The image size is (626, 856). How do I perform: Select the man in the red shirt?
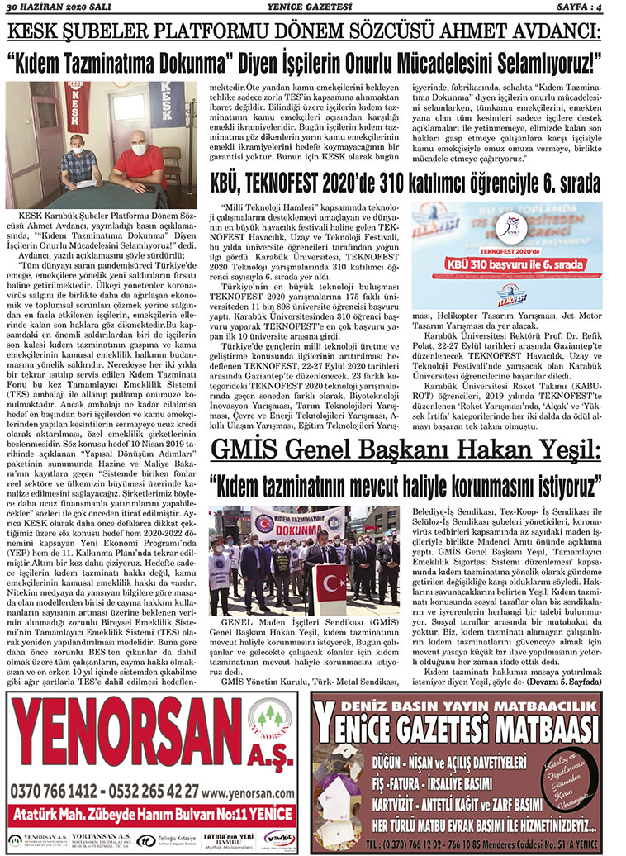138,161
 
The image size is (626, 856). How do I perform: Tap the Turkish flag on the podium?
331,582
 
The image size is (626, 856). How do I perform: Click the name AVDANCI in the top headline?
545,33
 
